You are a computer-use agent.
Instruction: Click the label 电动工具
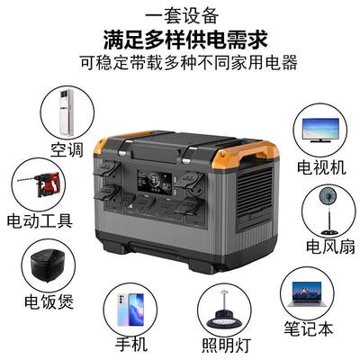(x=40, y=220)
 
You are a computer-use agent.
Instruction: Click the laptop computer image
(x=306, y=294)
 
